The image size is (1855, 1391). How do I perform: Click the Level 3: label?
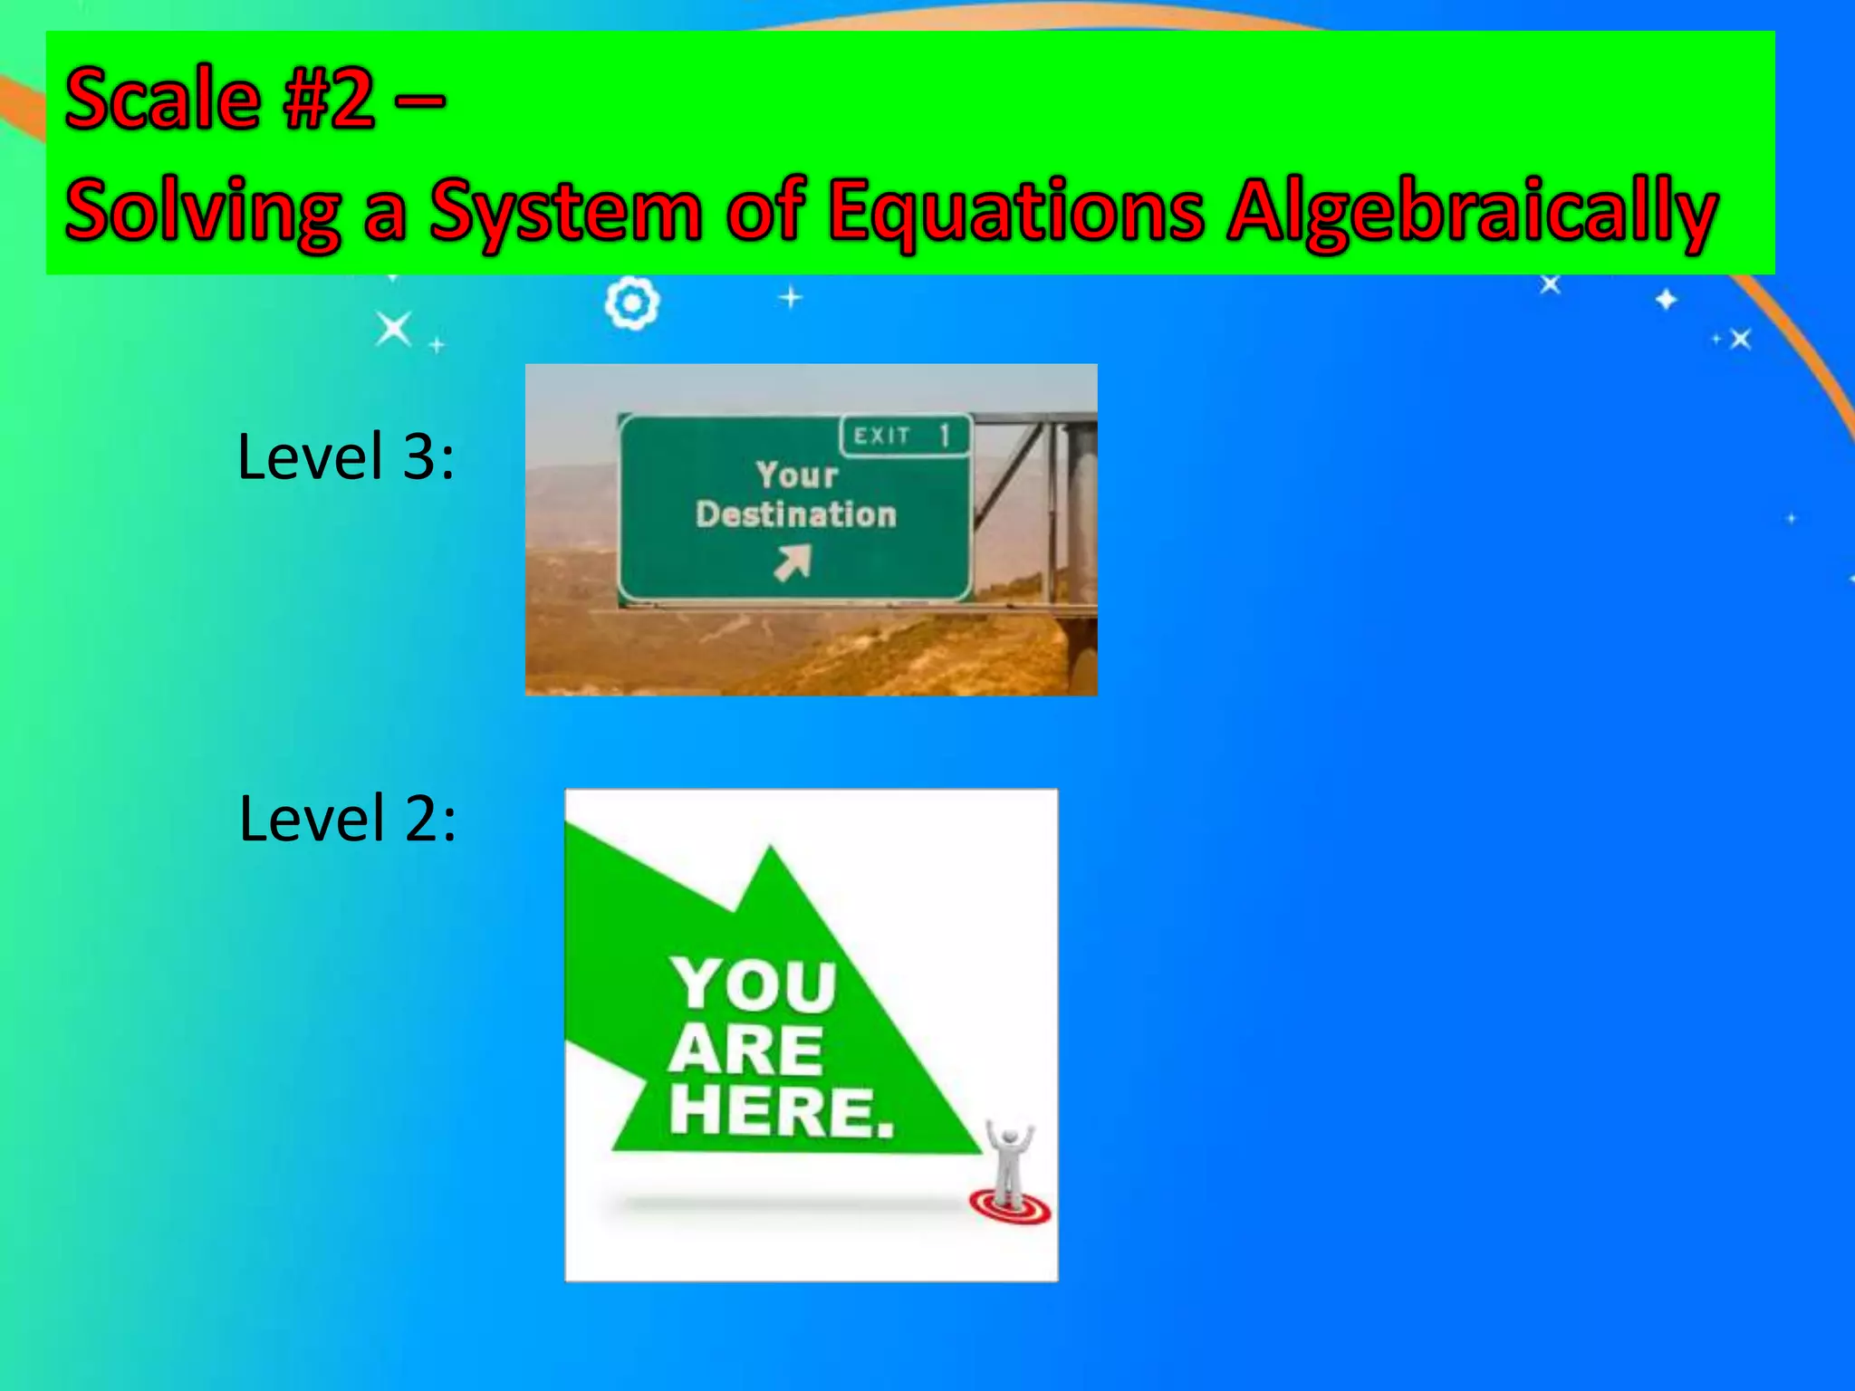pyautogui.click(x=345, y=456)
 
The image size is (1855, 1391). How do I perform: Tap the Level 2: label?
pyautogui.click(x=347, y=819)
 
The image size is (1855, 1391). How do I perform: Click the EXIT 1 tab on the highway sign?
pyautogui.click(x=904, y=436)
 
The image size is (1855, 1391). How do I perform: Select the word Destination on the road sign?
pyautogui.click(x=796, y=514)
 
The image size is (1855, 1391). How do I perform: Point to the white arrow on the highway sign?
pyautogui.click(x=792, y=562)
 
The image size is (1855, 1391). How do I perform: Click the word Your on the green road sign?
pyautogui.click(x=797, y=475)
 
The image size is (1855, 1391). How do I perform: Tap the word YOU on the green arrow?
pyautogui.click(x=754, y=984)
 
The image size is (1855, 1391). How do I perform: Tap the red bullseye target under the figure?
pyautogui.click(x=1010, y=1206)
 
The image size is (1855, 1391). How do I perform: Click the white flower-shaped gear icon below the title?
pyautogui.click(x=631, y=303)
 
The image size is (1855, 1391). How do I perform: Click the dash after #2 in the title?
pyautogui.click(x=419, y=100)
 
